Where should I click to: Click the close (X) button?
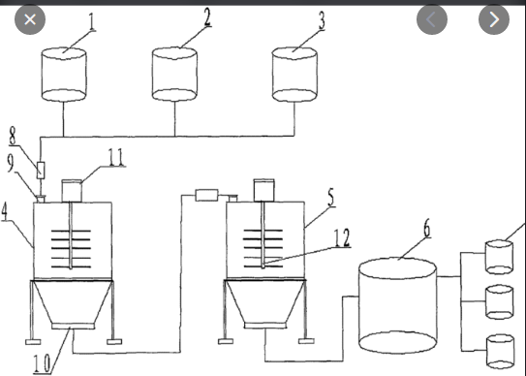(x=30, y=19)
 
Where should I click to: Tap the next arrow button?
(x=494, y=19)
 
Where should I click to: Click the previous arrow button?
(x=432, y=19)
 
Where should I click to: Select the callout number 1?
(x=92, y=22)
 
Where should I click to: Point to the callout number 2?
(x=207, y=16)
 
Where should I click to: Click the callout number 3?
(x=322, y=20)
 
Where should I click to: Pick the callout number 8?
(x=13, y=136)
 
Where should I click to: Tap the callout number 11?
(x=115, y=157)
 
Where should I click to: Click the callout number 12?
(x=342, y=237)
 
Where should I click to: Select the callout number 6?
(x=426, y=229)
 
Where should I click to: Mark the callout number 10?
(x=43, y=363)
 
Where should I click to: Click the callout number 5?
(x=330, y=197)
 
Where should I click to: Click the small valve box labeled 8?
(x=41, y=170)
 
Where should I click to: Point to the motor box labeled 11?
(x=72, y=191)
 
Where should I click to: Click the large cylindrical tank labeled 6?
(x=398, y=306)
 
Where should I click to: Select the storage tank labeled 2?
(x=174, y=75)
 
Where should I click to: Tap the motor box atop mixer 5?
(x=264, y=190)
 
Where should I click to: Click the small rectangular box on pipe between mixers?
(x=206, y=195)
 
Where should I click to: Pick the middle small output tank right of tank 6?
(x=500, y=301)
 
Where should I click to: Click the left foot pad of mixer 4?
(x=33, y=342)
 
